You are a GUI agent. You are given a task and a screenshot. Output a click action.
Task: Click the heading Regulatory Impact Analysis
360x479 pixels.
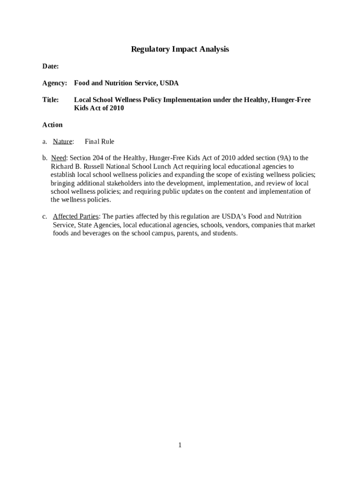180,49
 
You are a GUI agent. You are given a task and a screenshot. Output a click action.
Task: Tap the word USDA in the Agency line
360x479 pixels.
169,83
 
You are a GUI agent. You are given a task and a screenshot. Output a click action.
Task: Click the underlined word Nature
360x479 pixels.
63,142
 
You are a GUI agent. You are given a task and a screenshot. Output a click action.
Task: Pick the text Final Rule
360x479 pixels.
99,142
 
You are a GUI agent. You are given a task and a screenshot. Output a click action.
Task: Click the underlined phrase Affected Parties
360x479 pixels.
75,217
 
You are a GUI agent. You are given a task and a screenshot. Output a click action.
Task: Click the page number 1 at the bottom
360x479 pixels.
180,445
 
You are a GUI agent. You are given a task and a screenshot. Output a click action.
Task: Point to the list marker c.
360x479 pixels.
44,217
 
